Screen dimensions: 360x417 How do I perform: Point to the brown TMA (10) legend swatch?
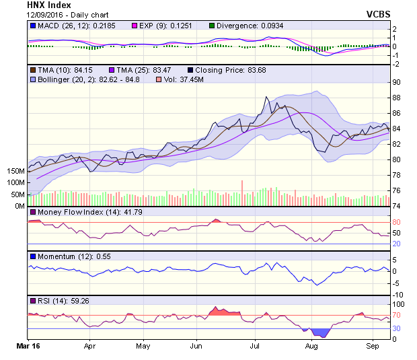[x=32, y=69]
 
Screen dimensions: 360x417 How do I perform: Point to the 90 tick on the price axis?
[x=397, y=82]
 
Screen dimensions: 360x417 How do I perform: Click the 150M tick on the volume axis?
[x=15, y=172]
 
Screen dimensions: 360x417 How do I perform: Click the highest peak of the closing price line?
[x=266, y=97]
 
